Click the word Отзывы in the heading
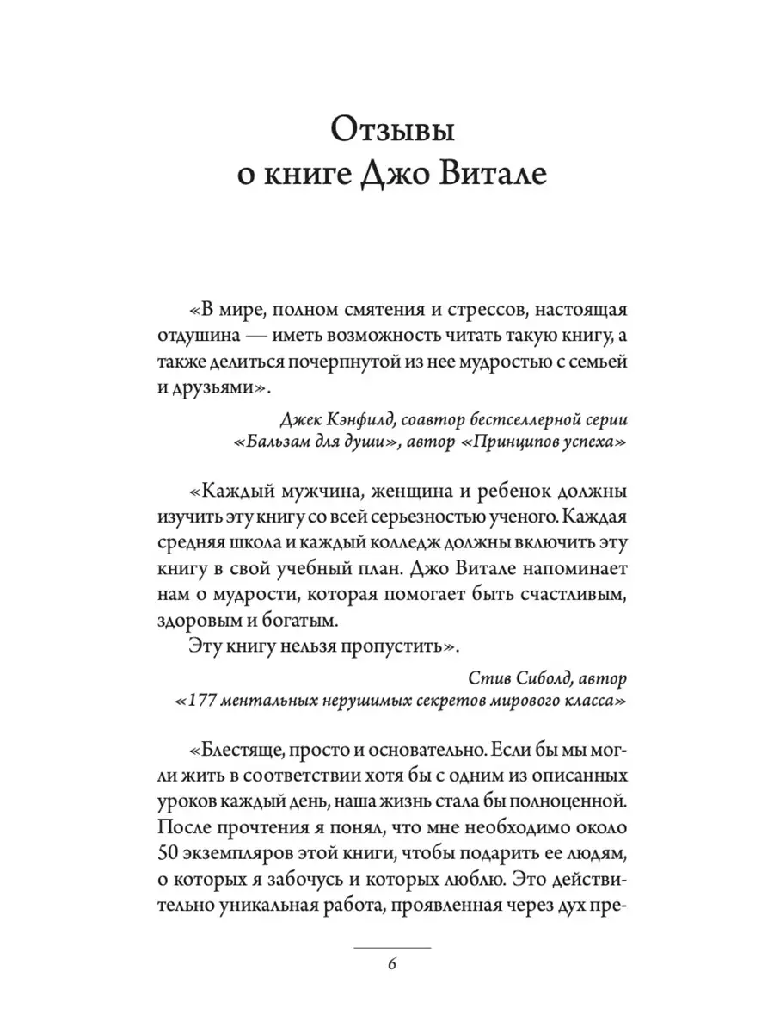(x=391, y=136)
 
